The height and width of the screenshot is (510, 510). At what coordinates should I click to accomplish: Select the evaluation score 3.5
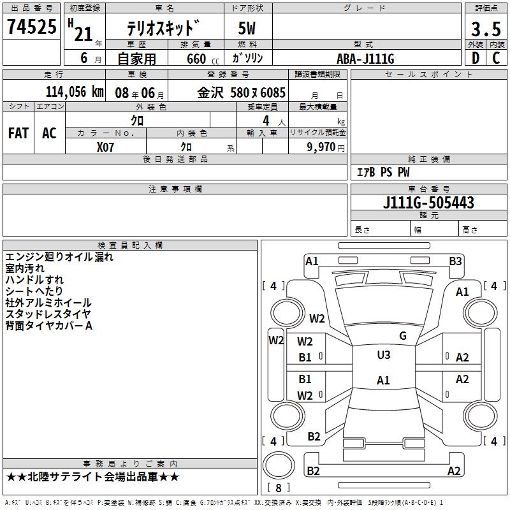(484, 29)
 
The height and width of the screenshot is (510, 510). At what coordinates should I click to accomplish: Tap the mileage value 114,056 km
(75, 92)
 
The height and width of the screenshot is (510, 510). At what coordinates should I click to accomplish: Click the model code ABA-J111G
(365, 59)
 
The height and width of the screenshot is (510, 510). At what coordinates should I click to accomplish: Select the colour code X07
(106, 145)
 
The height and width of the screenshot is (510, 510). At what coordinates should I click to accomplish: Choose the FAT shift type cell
(18, 133)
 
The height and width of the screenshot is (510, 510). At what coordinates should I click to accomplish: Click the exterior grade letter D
(475, 58)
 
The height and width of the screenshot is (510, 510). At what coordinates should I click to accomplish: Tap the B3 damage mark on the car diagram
(455, 261)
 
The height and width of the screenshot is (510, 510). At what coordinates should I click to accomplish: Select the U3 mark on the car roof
(383, 355)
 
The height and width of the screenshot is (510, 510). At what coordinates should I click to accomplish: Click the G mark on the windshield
(402, 336)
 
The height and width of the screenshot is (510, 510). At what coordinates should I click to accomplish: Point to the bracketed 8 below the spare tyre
(279, 488)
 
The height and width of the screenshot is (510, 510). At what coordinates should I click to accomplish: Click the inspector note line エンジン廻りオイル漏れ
(59, 257)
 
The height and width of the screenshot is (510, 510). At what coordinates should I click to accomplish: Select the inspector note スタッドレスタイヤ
(48, 314)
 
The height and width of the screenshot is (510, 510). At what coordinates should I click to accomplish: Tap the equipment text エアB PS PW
(382, 172)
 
